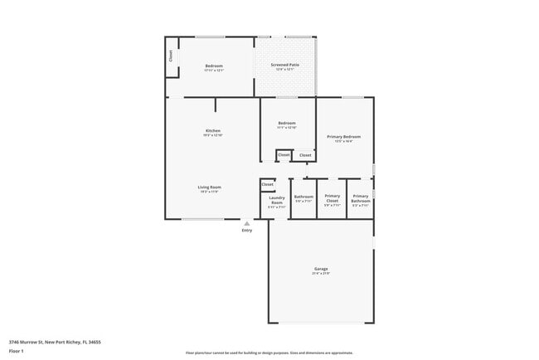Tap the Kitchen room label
(213, 130)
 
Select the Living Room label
(209, 187)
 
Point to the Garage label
(321, 269)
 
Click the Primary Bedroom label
(343, 136)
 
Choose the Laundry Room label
(277, 200)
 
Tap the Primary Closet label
(332, 197)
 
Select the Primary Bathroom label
(361, 198)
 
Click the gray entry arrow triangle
(246, 223)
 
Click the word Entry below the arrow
(246, 231)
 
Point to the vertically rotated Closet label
(171, 57)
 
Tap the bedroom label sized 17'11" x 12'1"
(214, 67)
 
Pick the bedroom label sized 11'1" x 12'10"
(287, 124)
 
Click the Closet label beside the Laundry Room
(267, 184)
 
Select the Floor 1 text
(17, 351)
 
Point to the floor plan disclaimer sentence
(269, 352)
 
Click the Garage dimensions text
(321, 274)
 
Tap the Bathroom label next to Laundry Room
(303, 198)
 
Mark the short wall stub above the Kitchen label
(216, 105)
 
